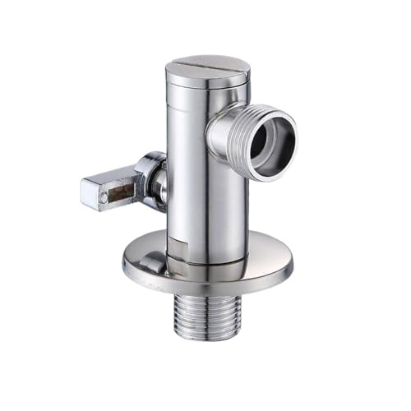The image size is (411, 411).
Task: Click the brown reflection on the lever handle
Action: click(122, 193)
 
